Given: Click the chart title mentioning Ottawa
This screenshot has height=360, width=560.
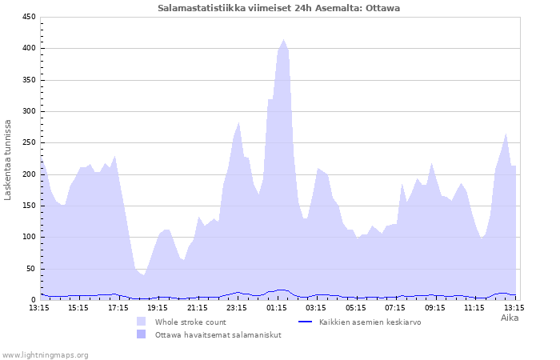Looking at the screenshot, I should [x=279, y=8].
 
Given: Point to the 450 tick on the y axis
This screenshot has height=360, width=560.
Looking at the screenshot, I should [x=29, y=18].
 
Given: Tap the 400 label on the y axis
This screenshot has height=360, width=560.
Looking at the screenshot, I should [x=29, y=49].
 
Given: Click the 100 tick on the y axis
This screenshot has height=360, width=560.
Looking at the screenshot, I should [x=29, y=238].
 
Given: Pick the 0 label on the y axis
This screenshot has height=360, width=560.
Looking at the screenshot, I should [x=34, y=300].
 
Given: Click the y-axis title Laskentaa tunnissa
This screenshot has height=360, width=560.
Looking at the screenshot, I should [x=9, y=159].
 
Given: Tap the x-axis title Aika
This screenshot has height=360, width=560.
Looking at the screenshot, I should [x=510, y=318].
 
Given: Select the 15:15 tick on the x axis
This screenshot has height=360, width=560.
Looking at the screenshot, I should [x=78, y=307].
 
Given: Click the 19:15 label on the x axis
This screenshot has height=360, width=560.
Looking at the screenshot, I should [x=158, y=307].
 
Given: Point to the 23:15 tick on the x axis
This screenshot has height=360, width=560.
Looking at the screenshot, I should [x=237, y=307].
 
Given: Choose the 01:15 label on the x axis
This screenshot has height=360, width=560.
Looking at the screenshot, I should [x=276, y=307].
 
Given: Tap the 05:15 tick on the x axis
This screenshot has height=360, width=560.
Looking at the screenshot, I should [x=355, y=307].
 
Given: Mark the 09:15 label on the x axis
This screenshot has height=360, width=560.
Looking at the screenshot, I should [x=434, y=307].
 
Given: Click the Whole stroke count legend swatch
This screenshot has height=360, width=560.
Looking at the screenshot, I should [x=142, y=322].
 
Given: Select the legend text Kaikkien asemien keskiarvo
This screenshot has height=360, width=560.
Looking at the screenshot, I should [x=370, y=322].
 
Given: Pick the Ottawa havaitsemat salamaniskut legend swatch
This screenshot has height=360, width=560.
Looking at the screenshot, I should [x=142, y=334].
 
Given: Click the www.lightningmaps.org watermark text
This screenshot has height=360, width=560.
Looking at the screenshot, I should [x=45, y=354].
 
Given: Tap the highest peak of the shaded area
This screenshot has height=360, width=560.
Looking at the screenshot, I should [x=283, y=40].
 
